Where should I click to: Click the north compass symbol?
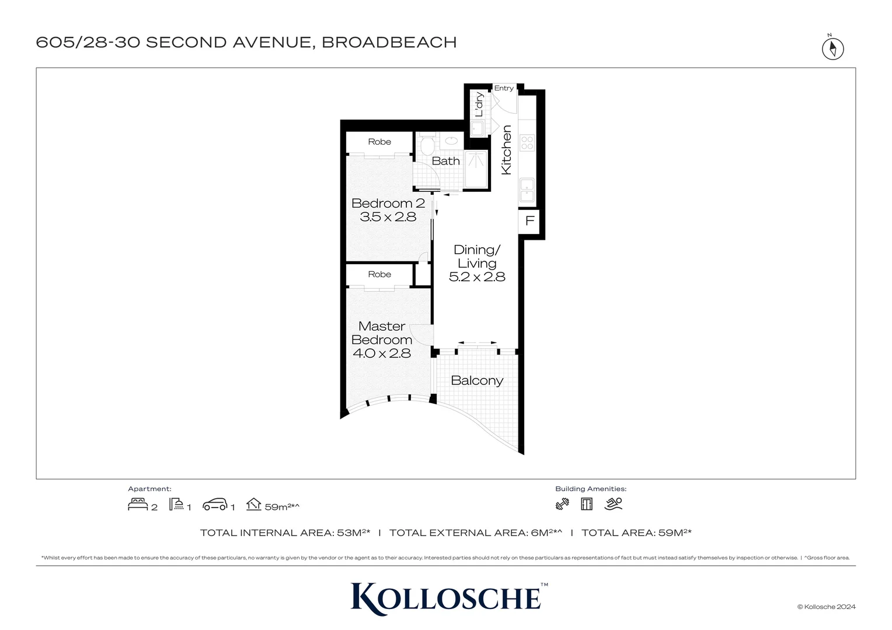[833, 48]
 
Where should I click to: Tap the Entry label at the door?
[504, 88]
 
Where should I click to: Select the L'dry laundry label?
[479, 104]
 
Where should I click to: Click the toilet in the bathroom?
[427, 144]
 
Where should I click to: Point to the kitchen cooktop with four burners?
[527, 142]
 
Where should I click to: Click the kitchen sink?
[527, 190]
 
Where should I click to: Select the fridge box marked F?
[529, 221]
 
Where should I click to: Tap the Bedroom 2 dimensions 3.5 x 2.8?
[388, 217]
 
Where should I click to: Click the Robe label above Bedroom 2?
[379, 142]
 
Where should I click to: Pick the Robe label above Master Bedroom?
[379, 274]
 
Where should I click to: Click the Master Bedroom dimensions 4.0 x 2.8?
[382, 353]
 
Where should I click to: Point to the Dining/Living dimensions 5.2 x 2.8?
[477, 277]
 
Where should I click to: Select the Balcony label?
[477, 381]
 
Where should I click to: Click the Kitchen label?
[507, 150]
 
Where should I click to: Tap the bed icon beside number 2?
[137, 505]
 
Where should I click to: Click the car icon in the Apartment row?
[215, 505]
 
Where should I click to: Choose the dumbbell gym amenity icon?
[562, 504]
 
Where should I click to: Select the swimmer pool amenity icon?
[614, 504]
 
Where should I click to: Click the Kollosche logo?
[447, 598]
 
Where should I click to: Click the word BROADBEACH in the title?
[389, 43]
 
